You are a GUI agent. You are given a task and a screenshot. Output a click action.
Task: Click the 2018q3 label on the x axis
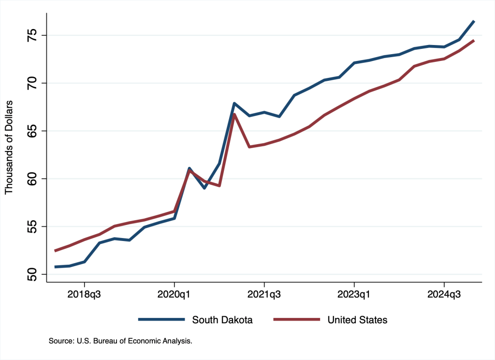click(x=85, y=294)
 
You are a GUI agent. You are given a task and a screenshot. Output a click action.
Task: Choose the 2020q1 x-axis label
click(x=175, y=294)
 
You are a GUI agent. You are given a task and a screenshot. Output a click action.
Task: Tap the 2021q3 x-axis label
click(x=264, y=294)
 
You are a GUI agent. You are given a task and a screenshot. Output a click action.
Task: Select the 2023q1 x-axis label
click(x=354, y=294)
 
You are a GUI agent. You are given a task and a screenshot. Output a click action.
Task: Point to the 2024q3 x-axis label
click(x=444, y=294)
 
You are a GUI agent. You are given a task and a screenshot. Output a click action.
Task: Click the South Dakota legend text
click(x=222, y=320)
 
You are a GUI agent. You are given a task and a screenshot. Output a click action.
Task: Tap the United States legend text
click(x=357, y=320)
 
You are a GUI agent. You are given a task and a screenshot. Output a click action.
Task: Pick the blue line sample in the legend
click(x=161, y=320)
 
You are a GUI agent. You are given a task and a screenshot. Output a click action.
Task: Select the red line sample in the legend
click(x=297, y=320)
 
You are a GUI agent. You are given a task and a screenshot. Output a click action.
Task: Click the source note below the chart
click(x=120, y=342)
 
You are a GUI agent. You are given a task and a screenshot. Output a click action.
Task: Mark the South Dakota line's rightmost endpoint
click(x=474, y=21)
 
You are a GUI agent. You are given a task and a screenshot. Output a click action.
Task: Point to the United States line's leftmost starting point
click(x=55, y=251)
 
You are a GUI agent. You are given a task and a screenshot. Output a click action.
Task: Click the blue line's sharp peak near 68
click(x=234, y=103)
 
